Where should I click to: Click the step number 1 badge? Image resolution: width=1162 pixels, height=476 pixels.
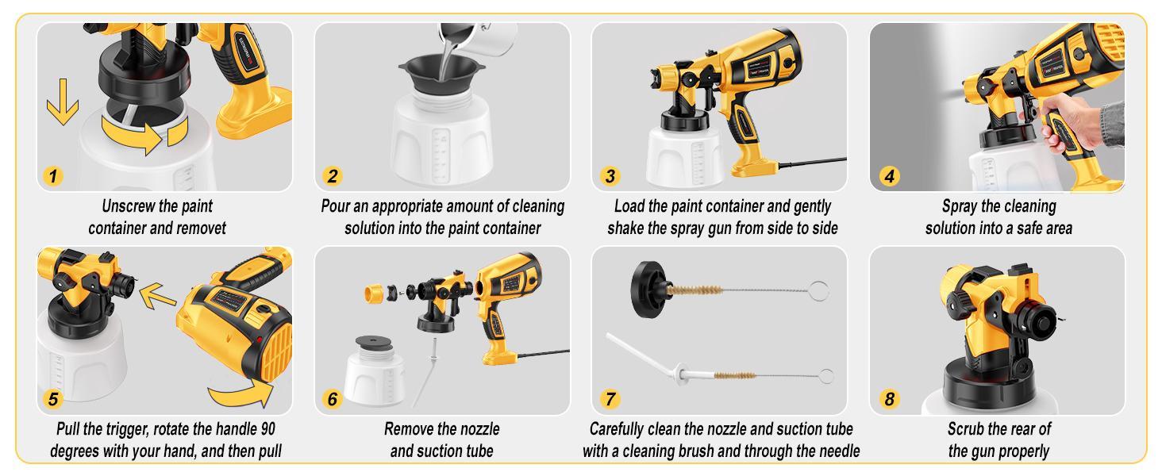52,176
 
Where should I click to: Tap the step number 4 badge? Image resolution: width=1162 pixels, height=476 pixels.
888,176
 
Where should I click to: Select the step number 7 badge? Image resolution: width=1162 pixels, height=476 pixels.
609,399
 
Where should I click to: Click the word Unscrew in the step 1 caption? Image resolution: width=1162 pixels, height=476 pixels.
127,206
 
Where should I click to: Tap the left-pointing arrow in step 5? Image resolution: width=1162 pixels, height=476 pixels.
156,297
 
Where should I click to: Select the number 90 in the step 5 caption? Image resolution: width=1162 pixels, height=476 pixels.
268,429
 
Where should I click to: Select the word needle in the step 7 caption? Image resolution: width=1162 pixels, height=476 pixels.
837,451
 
